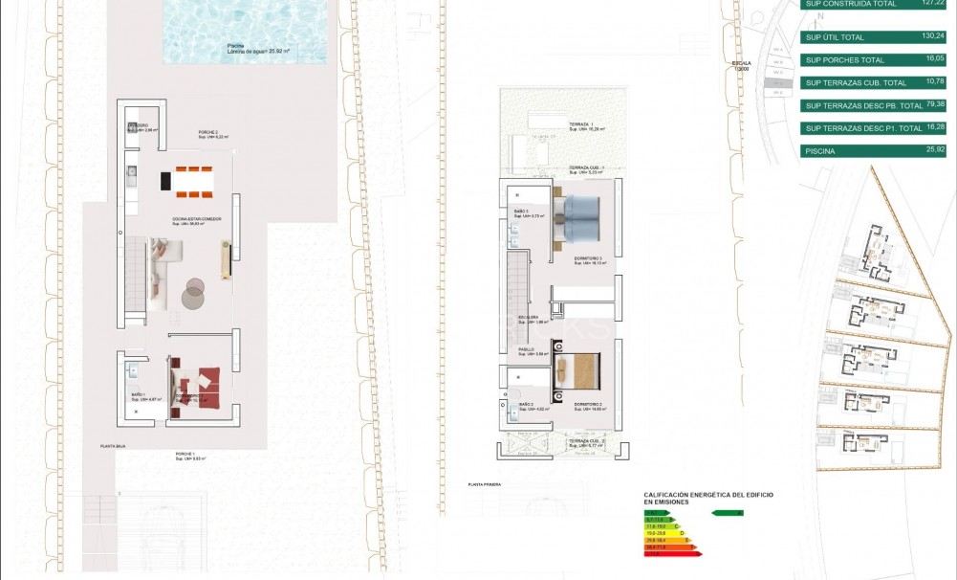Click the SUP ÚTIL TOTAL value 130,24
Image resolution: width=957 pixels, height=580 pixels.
[x=928, y=37]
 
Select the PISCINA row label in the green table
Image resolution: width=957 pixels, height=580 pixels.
[x=821, y=150]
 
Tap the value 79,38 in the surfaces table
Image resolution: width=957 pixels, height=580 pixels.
[x=928, y=104]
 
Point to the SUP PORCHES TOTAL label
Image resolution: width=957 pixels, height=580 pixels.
[x=841, y=60]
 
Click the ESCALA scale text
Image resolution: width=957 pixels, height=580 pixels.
[x=741, y=65]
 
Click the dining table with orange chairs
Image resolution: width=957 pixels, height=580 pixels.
[x=186, y=180]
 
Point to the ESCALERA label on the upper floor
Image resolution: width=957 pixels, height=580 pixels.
[x=529, y=318]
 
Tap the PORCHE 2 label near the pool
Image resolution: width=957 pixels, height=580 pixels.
[x=208, y=132]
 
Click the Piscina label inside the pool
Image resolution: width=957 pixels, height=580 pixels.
[x=236, y=46]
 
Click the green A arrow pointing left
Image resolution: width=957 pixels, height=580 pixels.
[x=728, y=513]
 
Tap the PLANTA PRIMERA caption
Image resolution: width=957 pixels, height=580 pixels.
[x=485, y=485]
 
